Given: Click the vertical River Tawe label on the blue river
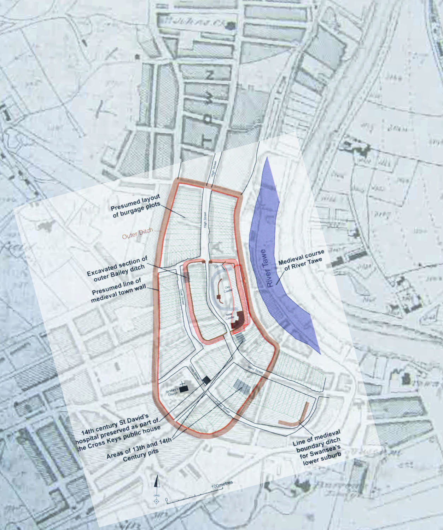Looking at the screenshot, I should click(x=268, y=269).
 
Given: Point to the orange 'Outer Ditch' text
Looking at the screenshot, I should click(x=138, y=233).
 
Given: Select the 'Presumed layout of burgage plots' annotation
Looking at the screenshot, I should click(x=136, y=206).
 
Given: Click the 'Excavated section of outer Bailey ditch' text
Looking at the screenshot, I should click(x=117, y=269).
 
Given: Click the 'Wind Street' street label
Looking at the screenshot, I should click(x=255, y=370).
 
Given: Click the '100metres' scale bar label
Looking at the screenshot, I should click(x=222, y=484).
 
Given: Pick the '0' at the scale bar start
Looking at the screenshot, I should click(x=167, y=501).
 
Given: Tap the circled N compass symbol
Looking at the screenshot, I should click(x=156, y=501).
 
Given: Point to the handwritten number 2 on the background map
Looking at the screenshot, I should click(x=210, y=75).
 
